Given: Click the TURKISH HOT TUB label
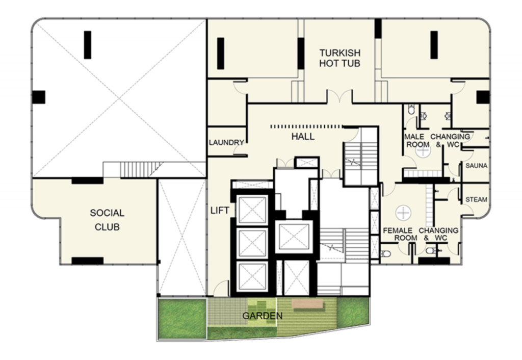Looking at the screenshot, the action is (x=340, y=58).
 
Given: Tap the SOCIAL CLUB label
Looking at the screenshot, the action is (x=107, y=220).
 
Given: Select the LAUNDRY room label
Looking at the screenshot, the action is (x=226, y=143).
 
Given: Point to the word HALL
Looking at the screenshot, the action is (x=303, y=137).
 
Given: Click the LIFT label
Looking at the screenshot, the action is (x=220, y=211).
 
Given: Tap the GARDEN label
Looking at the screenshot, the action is (x=263, y=316).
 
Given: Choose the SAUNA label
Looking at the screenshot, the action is (x=477, y=166).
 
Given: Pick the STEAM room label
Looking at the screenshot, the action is (x=477, y=199).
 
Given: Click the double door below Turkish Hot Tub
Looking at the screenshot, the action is (x=339, y=96).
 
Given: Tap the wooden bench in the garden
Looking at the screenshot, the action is (x=307, y=303).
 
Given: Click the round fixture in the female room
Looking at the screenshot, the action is (x=404, y=212).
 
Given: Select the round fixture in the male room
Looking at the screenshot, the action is (x=423, y=150).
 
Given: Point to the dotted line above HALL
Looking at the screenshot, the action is (x=306, y=126).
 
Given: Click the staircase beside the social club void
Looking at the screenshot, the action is (x=138, y=170).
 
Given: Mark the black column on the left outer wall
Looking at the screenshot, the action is (x=39, y=97).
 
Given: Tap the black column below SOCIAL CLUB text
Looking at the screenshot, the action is (x=88, y=261).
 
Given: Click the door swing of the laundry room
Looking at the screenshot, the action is (x=239, y=150).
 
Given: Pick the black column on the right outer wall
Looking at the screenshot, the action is (x=483, y=97).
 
